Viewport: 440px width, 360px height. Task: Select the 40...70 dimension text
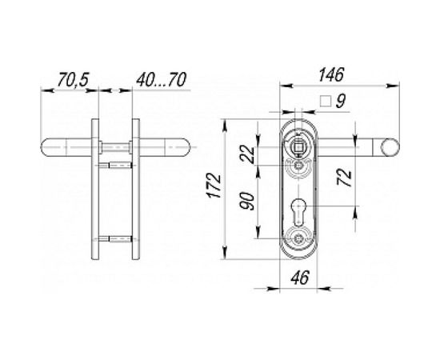pyautogui.click(x=162, y=82)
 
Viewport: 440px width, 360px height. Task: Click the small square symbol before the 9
pyautogui.click(x=325, y=102)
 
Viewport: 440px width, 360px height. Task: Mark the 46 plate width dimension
pyautogui.click(x=299, y=280)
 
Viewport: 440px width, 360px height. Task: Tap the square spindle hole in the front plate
pyautogui.click(x=299, y=146)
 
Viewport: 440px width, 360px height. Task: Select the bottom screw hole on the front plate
pyautogui.click(x=299, y=238)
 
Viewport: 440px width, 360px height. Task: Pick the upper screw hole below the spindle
pyautogui.click(x=299, y=166)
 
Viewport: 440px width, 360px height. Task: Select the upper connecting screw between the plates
pyautogui.click(x=117, y=165)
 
